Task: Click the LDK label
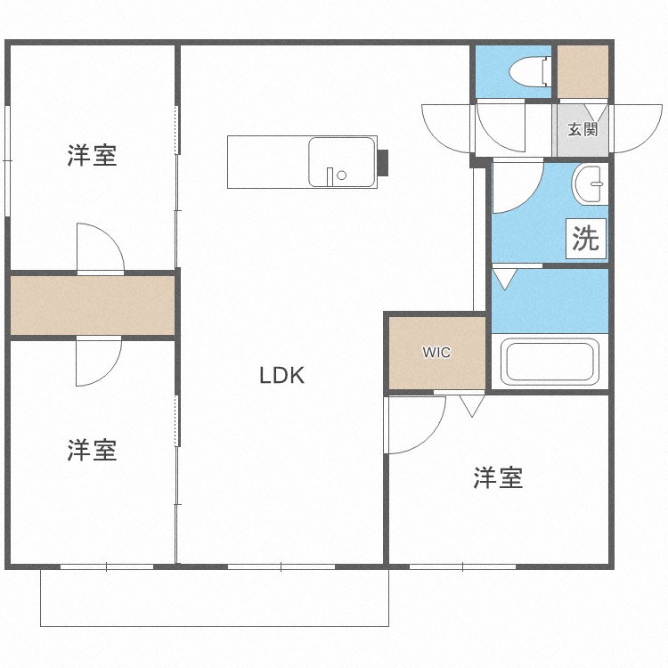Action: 282,376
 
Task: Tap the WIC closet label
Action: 436,353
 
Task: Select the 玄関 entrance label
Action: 583,129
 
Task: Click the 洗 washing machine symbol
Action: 586,238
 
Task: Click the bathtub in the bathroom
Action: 550,362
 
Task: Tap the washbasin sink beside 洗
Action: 590,184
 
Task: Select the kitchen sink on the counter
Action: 341,162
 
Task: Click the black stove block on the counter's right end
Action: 384,162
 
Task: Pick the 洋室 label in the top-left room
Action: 92,156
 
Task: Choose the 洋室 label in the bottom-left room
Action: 92,450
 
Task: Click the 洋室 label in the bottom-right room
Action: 497,478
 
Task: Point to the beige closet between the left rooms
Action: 93,305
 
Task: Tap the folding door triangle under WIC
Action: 472,405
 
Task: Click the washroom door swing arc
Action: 517,187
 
